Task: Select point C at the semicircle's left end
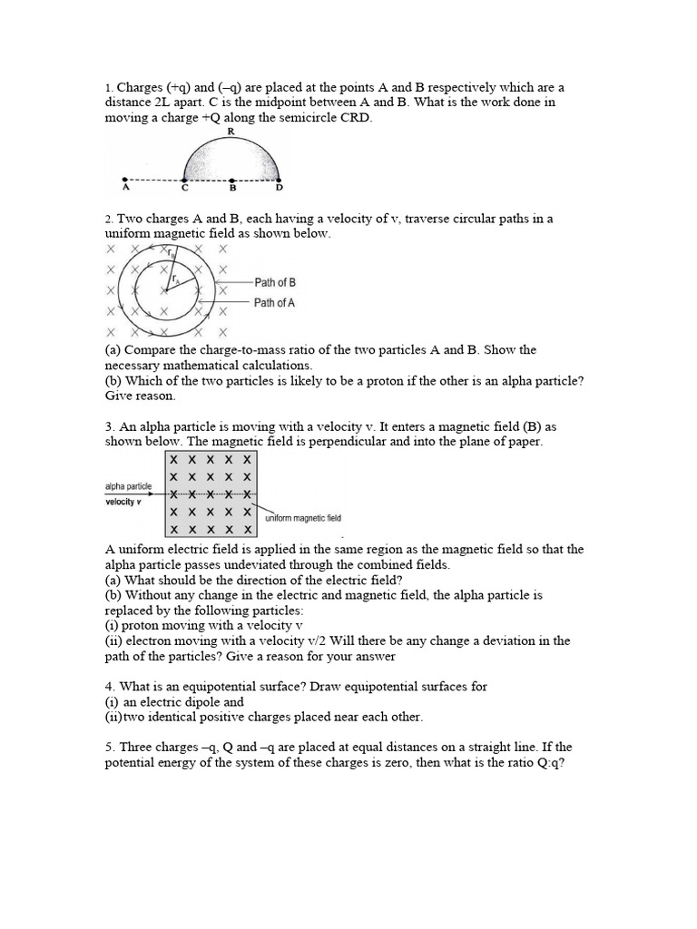tap(185, 179)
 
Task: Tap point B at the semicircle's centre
tap(232, 179)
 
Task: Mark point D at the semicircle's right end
tap(279, 179)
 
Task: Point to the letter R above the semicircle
tap(231, 132)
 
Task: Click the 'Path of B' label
tap(275, 282)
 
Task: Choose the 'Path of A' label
tap(275, 303)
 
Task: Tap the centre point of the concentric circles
tap(166, 290)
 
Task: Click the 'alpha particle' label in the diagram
tap(129, 486)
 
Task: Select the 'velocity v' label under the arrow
tap(124, 502)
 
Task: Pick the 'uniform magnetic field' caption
tap(302, 518)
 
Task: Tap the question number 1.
tap(107, 88)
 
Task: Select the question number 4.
tap(107, 687)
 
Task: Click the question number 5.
tap(107, 747)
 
